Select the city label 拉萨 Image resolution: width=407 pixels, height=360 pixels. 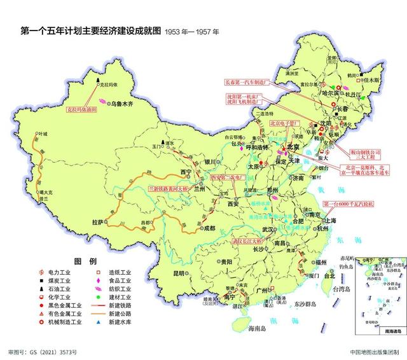pos(97,222)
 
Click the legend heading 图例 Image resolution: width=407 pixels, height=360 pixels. pos(85,261)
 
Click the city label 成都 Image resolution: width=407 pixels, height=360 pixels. pos(207,228)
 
